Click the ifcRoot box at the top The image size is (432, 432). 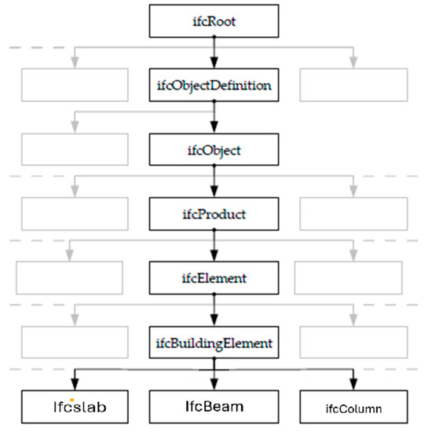click(214, 21)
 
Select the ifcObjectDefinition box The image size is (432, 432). click(214, 85)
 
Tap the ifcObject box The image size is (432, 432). click(214, 148)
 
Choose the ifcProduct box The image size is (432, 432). click(214, 213)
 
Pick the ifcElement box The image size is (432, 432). click(214, 277)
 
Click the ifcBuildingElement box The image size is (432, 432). click(214, 342)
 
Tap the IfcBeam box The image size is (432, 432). click(214, 407)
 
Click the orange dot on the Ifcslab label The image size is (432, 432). click(72, 400)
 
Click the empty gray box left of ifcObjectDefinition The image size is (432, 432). click(74, 85)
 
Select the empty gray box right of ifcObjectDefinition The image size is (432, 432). click(353, 85)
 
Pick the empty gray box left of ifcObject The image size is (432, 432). click(74, 148)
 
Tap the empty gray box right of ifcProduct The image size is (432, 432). click(353, 213)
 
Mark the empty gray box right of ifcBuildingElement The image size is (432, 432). click(353, 342)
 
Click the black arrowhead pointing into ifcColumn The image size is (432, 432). click(353, 383)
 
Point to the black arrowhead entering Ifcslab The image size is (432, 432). click(75, 383)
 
